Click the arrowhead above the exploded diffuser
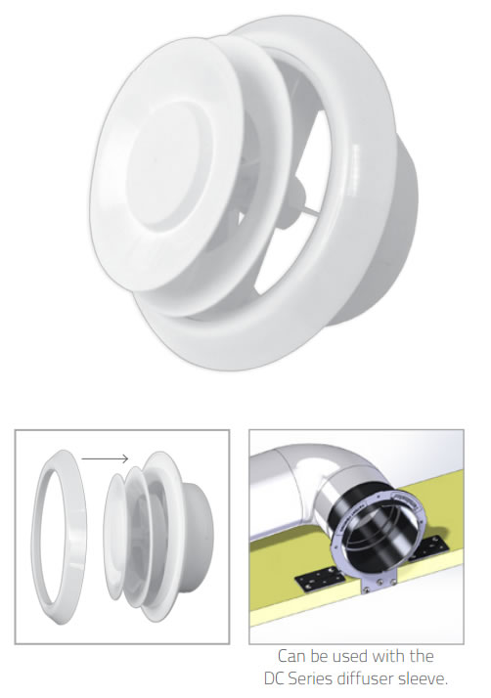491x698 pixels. click(125, 458)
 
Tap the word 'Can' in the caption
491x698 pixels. click(291, 656)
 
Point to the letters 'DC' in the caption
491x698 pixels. click(274, 678)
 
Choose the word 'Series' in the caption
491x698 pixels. click(311, 678)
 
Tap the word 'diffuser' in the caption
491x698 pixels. click(364, 678)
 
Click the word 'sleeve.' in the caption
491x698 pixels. click(422, 678)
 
